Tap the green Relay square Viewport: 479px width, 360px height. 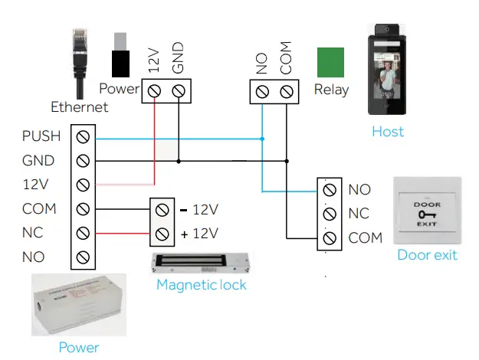pos(332,62)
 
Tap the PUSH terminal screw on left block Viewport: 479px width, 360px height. pos(84,137)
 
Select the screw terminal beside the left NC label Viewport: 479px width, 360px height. pos(84,233)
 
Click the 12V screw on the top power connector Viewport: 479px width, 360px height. pos(154,92)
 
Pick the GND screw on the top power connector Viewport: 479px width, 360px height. pos(179,92)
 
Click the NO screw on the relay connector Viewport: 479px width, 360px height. pos(262,92)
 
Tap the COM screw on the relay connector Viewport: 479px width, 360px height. pos(287,92)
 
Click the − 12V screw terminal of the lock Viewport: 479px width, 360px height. pos(161,209)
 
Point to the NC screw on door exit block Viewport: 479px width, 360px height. pos(330,213)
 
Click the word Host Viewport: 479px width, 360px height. pos(388,131)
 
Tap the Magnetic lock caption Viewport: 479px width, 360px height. pos(202,285)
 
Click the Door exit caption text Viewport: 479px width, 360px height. pos(427,255)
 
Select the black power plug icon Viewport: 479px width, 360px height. pos(120,57)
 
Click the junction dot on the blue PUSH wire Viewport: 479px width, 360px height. pos(262,139)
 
